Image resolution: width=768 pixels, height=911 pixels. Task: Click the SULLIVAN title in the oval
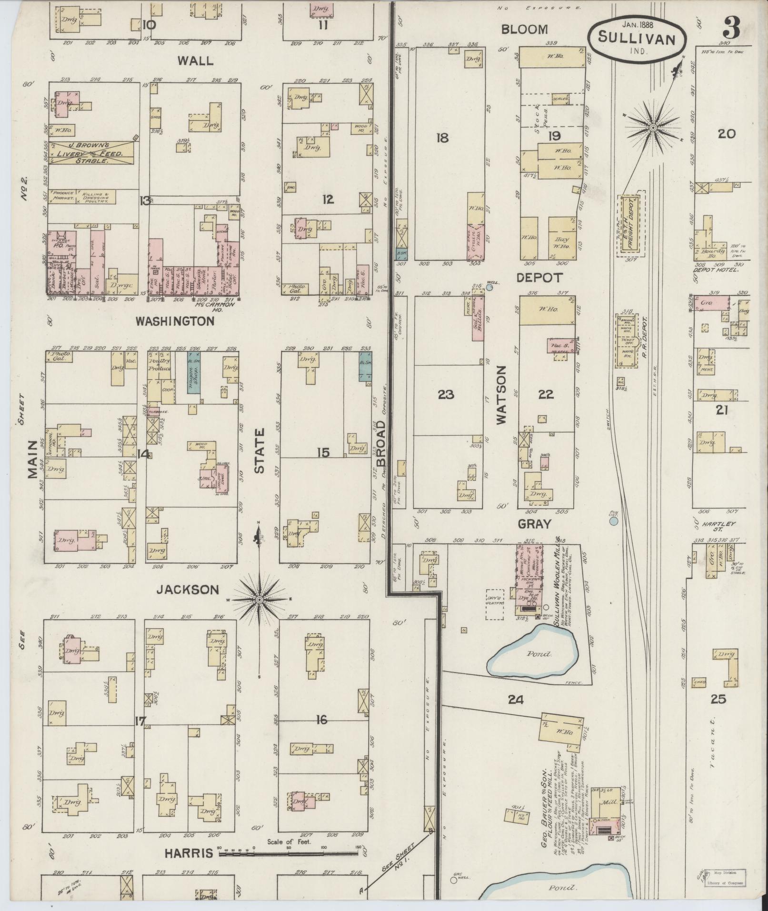tap(637, 38)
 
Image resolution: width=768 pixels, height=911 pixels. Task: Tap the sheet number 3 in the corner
tap(731, 29)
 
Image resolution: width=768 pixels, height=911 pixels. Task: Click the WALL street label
tap(195, 60)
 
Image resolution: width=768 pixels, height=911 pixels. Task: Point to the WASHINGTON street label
tap(175, 321)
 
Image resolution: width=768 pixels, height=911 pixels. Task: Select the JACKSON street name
tap(188, 590)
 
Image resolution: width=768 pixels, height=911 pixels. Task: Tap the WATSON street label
tap(501, 395)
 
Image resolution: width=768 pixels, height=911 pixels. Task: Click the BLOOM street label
tap(524, 30)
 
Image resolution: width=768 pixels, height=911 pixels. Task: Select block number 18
tap(442, 138)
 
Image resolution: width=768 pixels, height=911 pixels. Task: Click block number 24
tap(516, 700)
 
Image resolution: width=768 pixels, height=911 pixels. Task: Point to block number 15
tap(323, 452)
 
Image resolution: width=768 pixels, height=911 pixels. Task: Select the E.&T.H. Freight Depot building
tap(632, 224)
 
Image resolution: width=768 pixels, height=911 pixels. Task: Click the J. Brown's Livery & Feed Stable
tap(91, 153)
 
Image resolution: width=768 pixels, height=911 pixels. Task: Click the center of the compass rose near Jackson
tap(259, 599)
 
